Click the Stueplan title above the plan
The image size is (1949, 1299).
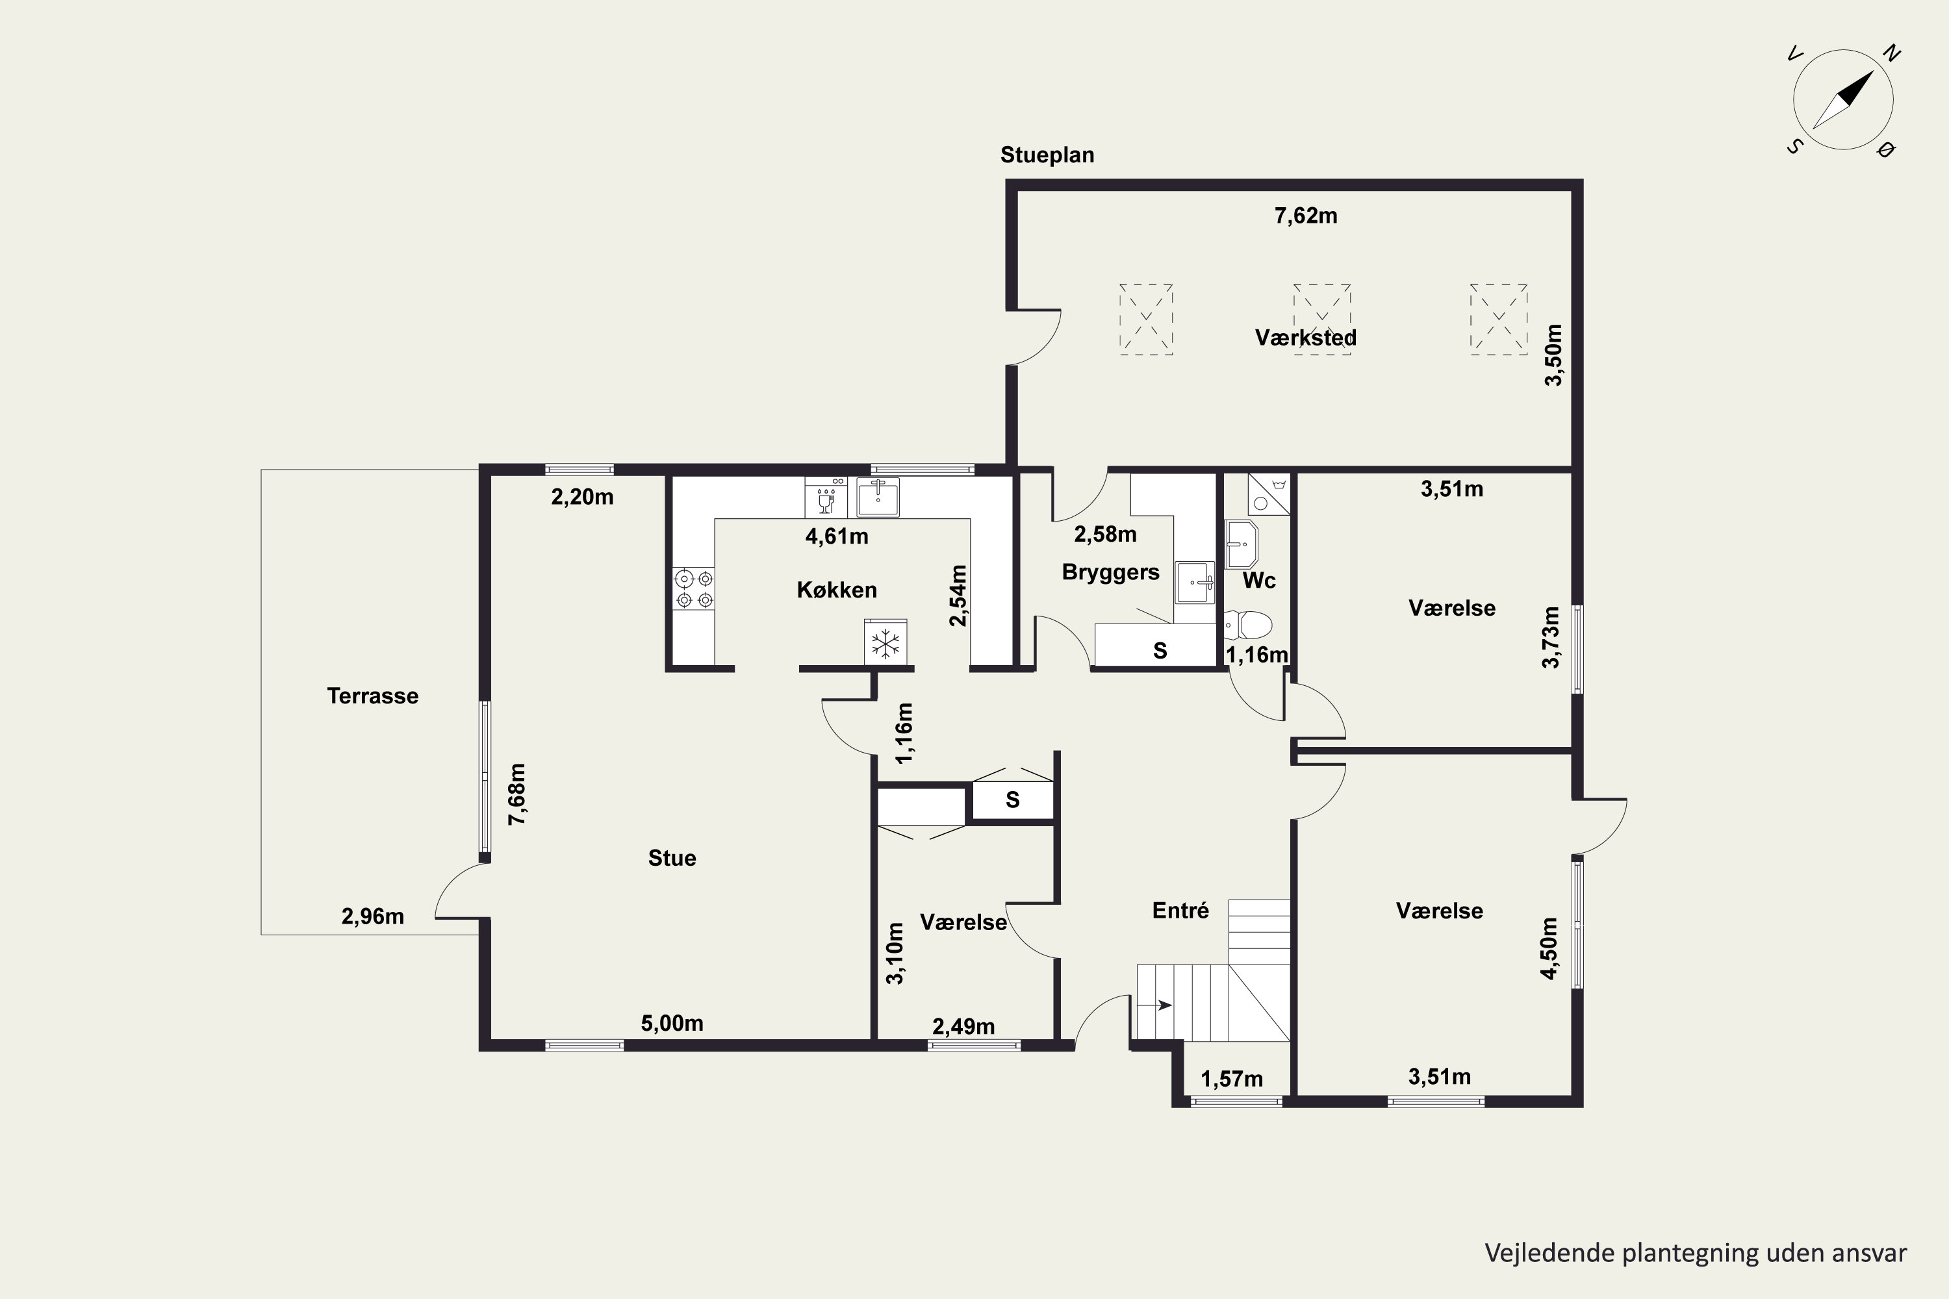pyautogui.click(x=1047, y=156)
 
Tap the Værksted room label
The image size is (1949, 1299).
pyautogui.click(x=1305, y=338)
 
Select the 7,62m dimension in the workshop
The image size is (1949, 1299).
pyautogui.click(x=1305, y=216)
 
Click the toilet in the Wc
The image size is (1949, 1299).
pyautogui.click(x=1247, y=625)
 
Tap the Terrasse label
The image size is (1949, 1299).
pyautogui.click(x=373, y=696)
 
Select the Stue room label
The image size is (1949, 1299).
pyautogui.click(x=672, y=858)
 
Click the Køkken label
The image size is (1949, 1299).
pyautogui.click(x=837, y=590)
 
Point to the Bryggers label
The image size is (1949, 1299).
pyautogui.click(x=1110, y=572)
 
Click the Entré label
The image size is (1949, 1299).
pyautogui.click(x=1181, y=911)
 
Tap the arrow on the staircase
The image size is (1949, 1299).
pyautogui.click(x=1155, y=1005)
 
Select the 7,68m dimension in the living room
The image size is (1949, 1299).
pyautogui.click(x=516, y=794)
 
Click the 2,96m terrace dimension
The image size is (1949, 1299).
pyautogui.click(x=373, y=916)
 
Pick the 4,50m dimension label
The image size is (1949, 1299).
pyautogui.click(x=1549, y=948)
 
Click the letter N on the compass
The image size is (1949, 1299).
pyautogui.click(x=1891, y=54)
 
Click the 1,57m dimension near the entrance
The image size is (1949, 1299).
pyautogui.click(x=1232, y=1079)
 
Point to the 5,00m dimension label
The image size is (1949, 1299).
pyautogui.click(x=672, y=1023)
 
